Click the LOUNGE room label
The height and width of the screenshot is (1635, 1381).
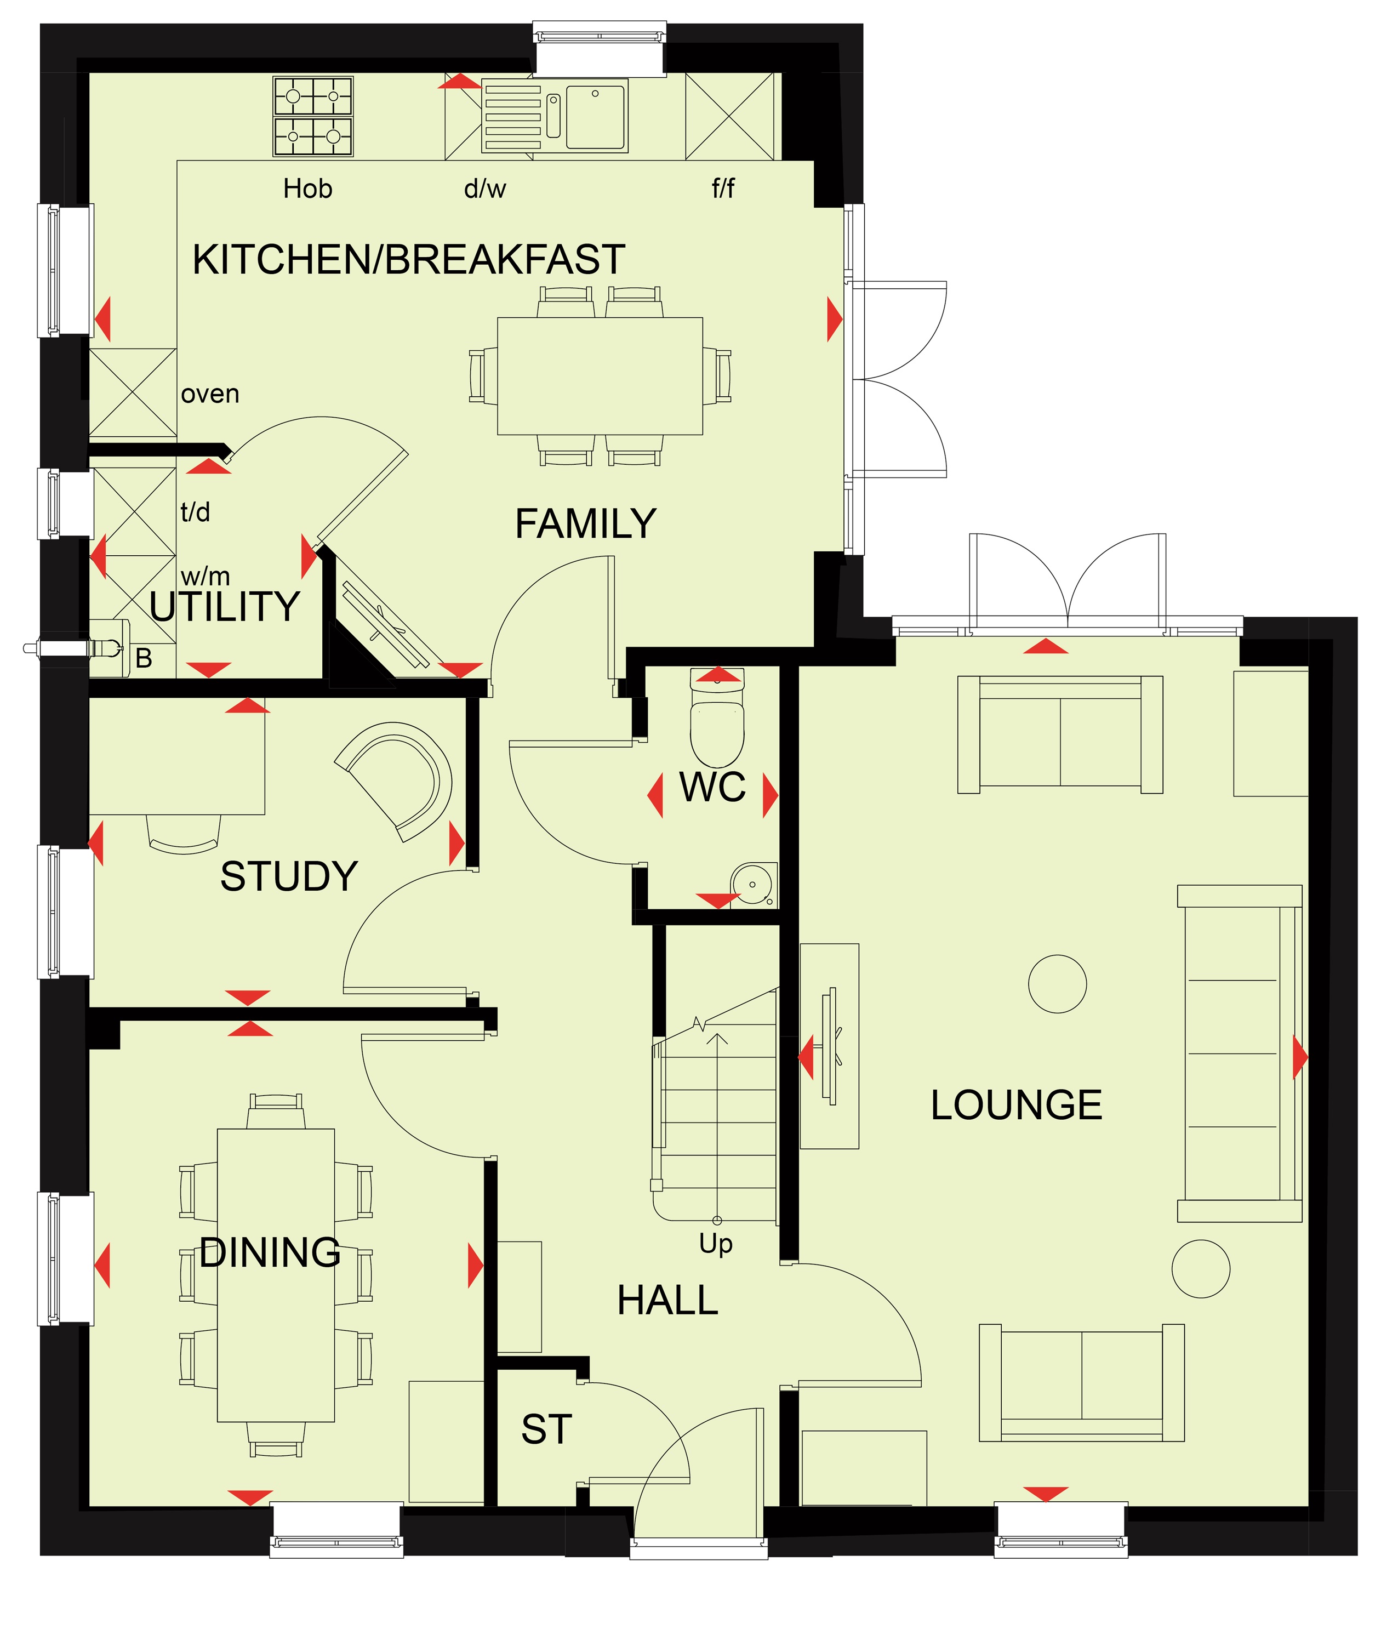1016,1105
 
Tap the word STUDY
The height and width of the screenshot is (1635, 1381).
289,876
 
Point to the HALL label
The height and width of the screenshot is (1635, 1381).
668,1301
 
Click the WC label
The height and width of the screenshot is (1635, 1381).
712,788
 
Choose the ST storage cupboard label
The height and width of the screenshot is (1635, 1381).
546,1430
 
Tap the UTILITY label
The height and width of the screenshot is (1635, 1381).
225,607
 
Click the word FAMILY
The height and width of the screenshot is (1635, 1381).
586,524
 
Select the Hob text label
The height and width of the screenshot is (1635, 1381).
307,189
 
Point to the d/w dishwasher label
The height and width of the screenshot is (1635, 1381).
486,189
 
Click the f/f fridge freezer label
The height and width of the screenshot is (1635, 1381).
723,188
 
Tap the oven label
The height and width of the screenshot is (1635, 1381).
210,394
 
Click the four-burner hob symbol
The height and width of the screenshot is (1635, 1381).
313,116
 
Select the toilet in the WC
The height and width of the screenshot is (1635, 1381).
717,718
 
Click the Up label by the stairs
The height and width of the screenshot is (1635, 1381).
716,1244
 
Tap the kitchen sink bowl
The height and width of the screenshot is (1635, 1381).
596,117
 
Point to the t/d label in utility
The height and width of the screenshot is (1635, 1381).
195,512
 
